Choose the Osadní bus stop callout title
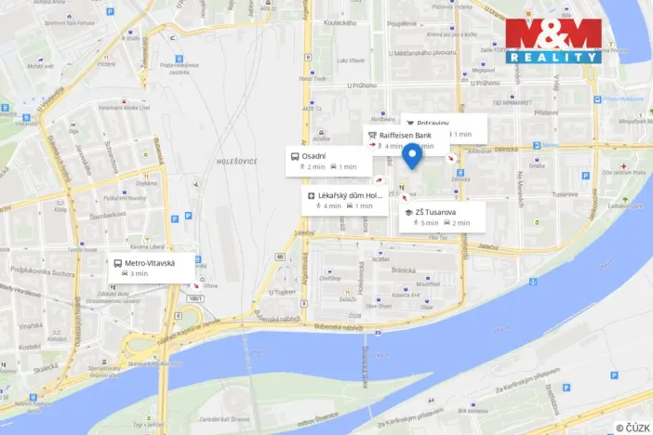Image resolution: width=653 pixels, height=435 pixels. (x=313, y=155)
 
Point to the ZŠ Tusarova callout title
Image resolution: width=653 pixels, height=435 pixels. (x=436, y=212)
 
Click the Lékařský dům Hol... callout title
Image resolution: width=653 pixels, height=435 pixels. (x=349, y=195)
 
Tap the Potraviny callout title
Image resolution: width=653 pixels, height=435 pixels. (x=433, y=123)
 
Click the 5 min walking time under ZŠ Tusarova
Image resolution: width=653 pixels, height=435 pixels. (x=425, y=223)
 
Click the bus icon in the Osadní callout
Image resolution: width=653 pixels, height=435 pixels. (x=295, y=155)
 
